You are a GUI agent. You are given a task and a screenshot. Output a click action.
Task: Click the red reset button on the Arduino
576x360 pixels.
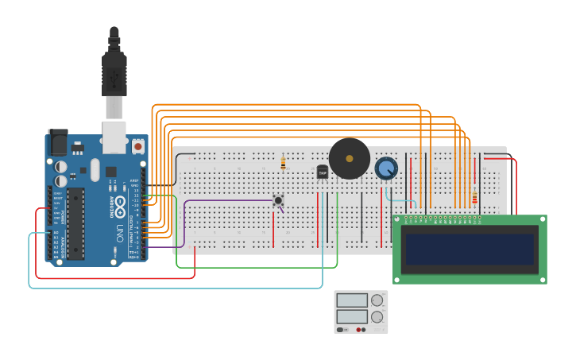(138, 146)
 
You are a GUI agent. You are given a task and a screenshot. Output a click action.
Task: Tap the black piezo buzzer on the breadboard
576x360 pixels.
(350, 159)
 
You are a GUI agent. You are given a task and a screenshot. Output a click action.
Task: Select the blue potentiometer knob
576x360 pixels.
(386, 168)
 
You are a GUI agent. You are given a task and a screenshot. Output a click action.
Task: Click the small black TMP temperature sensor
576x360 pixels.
(323, 172)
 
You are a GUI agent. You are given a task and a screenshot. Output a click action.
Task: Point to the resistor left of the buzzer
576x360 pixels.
(284, 164)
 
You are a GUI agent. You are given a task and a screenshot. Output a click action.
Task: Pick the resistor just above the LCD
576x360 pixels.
(475, 197)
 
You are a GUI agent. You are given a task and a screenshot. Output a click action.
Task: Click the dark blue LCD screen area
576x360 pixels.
(469, 249)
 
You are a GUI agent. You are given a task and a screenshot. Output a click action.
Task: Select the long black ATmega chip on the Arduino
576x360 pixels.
(76, 223)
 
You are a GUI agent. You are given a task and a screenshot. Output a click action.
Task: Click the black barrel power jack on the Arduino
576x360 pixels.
(57, 142)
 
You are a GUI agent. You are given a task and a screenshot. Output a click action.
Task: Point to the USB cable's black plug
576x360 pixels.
(114, 72)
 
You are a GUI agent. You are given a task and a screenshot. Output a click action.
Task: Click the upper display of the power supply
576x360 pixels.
(351, 300)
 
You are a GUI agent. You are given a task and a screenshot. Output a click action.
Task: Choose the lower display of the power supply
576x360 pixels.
(351, 316)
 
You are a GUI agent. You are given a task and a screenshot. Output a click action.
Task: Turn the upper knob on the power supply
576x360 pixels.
(377, 300)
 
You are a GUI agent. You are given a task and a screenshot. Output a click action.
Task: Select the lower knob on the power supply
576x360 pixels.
(377, 317)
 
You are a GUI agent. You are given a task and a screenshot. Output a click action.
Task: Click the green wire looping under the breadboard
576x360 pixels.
(254, 267)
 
